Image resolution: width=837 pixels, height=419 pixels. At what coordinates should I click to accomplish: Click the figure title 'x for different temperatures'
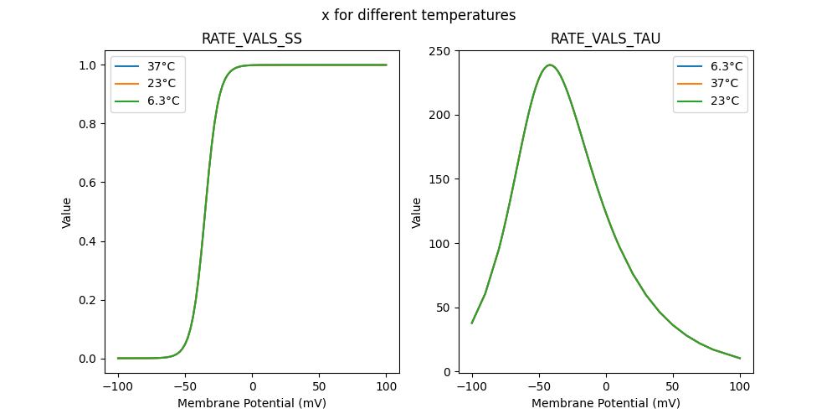[x=418, y=15]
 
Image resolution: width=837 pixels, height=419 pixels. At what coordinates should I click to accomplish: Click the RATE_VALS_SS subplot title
[x=252, y=39]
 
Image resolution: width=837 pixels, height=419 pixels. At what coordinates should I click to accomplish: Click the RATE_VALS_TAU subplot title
[x=605, y=39]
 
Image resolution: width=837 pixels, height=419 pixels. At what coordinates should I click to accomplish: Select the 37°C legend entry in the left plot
[x=162, y=66]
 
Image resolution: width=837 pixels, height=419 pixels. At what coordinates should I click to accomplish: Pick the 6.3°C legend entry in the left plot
[x=163, y=101]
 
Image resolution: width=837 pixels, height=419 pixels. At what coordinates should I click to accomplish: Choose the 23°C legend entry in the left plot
[x=162, y=84]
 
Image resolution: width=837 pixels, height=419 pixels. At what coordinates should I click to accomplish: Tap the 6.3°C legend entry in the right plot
[x=726, y=66]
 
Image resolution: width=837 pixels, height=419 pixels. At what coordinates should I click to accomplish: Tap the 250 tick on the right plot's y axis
[x=441, y=51]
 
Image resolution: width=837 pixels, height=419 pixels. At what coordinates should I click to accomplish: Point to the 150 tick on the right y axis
[x=441, y=179]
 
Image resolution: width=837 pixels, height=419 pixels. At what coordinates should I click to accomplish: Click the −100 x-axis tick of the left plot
[x=118, y=388]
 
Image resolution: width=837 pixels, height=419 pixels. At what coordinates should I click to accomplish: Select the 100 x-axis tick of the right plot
[x=740, y=388]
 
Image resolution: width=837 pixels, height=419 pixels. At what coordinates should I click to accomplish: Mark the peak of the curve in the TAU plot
[x=550, y=65]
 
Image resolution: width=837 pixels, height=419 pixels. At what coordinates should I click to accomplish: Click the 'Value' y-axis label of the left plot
[x=67, y=213]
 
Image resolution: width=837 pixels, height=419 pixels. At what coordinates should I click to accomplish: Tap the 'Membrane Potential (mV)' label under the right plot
[x=605, y=403]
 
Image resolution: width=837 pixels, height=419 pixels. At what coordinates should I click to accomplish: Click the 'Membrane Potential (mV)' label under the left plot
[x=252, y=403]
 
